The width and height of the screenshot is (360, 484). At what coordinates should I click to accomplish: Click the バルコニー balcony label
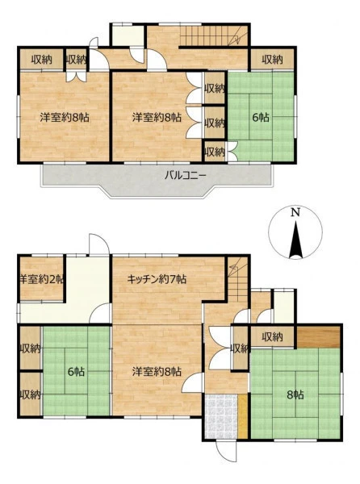click(x=185, y=176)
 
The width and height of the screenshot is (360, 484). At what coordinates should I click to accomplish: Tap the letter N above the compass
click(x=295, y=212)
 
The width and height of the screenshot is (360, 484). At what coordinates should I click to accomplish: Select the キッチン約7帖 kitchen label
click(x=157, y=279)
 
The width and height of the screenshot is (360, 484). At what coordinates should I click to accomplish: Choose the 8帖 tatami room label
click(x=295, y=394)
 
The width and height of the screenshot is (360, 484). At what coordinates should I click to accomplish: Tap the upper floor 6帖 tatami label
click(x=261, y=117)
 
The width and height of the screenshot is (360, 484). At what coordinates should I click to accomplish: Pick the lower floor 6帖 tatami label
click(x=76, y=372)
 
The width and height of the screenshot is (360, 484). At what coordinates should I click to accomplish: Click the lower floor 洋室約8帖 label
click(x=157, y=372)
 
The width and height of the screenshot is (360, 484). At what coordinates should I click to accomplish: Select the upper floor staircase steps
click(x=214, y=35)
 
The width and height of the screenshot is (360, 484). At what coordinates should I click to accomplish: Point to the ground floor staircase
click(x=238, y=279)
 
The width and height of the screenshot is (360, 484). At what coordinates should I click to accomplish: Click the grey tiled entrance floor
click(x=221, y=416)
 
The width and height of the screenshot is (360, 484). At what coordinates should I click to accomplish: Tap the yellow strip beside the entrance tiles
click(x=243, y=416)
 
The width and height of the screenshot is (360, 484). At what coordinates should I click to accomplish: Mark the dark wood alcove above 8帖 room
click(x=319, y=336)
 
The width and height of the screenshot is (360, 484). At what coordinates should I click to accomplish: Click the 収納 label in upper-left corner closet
click(x=42, y=60)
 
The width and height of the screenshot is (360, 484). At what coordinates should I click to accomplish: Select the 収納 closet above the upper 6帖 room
click(x=272, y=60)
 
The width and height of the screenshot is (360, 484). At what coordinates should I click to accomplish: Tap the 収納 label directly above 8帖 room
click(x=272, y=336)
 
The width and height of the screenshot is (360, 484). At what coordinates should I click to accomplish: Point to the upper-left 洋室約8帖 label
click(x=65, y=117)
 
